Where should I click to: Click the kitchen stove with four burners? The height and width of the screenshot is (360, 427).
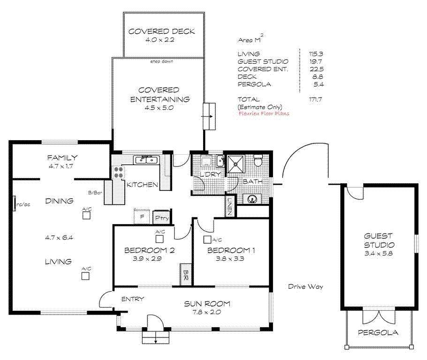[118, 172]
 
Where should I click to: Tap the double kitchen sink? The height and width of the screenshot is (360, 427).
[146, 160]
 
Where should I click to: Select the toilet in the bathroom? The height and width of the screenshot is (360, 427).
[257, 160]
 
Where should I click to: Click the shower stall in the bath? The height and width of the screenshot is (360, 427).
[236, 164]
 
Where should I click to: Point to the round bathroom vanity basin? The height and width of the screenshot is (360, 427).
[252, 199]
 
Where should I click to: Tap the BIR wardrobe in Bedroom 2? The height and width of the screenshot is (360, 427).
[186, 275]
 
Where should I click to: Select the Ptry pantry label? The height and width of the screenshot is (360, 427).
[162, 217]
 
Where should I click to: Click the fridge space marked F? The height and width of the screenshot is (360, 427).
[142, 217]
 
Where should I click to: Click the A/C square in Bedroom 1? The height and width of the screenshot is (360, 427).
[207, 240]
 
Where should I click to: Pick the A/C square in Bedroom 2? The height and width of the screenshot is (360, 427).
[160, 239]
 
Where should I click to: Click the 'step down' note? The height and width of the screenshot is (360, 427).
[161, 61]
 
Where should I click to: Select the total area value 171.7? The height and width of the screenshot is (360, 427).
[315, 99]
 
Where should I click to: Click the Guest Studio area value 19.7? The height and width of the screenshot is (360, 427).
[316, 61]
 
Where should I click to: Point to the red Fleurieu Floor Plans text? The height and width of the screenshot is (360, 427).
[264, 113]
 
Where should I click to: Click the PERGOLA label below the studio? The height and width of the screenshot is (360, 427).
[378, 332]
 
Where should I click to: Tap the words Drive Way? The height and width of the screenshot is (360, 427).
[305, 286]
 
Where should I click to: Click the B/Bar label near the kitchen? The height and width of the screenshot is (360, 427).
[95, 193]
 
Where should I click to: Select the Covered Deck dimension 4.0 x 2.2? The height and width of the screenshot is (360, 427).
[160, 40]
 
